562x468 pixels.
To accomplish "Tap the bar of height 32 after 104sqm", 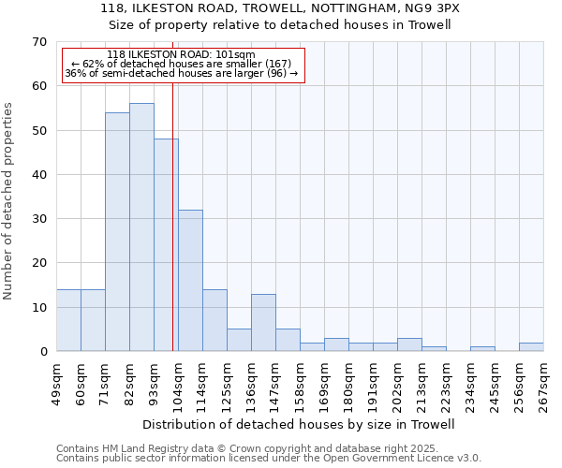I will pyautogui.click(x=190, y=281).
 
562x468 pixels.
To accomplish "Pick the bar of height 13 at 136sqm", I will pyautogui.click(x=263, y=323).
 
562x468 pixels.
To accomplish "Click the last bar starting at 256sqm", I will pyautogui.click(x=531, y=347).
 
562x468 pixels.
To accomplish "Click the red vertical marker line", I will pyautogui.click(x=173, y=234).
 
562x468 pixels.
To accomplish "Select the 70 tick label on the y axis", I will pyautogui.click(x=38, y=42).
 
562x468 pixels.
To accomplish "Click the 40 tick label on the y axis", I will pyautogui.click(x=38, y=175).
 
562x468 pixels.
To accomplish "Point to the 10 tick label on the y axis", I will pyautogui.click(x=38, y=308).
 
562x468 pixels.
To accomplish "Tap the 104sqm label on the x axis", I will pyautogui.click(x=178, y=384).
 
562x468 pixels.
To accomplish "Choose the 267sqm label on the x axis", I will pyautogui.click(x=543, y=384).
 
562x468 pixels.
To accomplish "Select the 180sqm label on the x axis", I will pyautogui.click(x=348, y=384).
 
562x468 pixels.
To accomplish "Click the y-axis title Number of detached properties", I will pyautogui.click(x=9, y=201).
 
